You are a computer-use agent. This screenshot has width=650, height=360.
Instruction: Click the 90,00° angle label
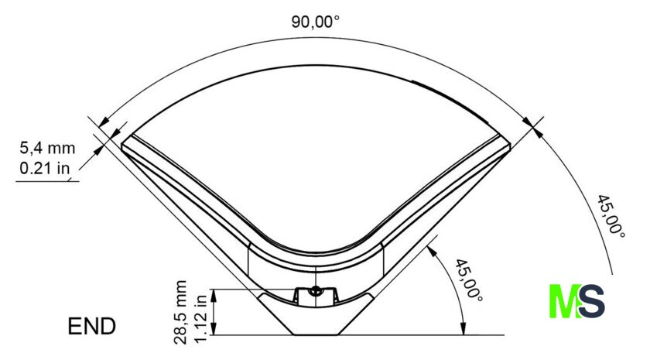tap(316, 22)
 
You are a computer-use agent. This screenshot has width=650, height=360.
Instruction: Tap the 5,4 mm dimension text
tap(48, 148)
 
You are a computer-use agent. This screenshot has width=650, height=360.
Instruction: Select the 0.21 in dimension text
tap(45, 168)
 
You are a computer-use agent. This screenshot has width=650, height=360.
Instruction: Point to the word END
tap(91, 326)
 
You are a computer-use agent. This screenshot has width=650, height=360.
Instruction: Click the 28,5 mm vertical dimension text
tap(181, 312)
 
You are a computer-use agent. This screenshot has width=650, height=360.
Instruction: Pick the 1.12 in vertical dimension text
tap(200, 318)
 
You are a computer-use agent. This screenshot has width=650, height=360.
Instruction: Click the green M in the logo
tap(565, 301)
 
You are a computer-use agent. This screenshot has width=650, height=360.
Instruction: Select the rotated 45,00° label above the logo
tap(611, 216)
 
